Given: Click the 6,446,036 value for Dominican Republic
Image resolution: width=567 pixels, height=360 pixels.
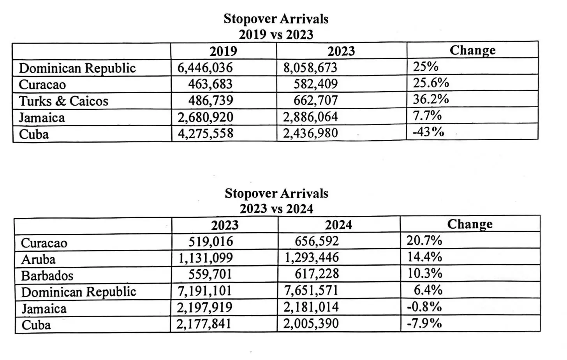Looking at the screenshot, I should (205, 68).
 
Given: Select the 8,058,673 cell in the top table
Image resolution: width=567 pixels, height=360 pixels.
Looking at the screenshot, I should (310, 67).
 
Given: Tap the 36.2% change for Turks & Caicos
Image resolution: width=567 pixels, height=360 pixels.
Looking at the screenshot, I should (431, 99).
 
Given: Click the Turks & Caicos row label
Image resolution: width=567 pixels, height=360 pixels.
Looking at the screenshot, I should (63, 101).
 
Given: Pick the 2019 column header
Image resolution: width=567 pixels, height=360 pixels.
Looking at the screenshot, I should (223, 51).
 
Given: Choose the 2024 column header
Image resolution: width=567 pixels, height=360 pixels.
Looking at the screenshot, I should (338, 225).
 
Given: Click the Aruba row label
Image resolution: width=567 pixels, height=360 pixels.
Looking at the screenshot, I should (38, 259).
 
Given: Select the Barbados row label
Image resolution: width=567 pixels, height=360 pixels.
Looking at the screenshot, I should (47, 276).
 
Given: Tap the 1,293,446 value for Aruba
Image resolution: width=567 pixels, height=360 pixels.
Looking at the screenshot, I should (311, 258).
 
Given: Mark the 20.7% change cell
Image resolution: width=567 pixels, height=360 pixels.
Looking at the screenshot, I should (424, 241).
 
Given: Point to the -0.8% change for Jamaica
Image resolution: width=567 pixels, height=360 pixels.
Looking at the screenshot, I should (424, 307).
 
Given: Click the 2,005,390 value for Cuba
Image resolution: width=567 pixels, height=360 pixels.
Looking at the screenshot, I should (311, 324).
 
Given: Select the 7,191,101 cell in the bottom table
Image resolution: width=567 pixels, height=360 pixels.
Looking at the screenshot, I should (204, 291).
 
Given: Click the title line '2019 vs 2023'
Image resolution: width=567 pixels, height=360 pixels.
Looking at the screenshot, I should (276, 35).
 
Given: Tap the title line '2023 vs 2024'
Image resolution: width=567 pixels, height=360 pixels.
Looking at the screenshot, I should (276, 209).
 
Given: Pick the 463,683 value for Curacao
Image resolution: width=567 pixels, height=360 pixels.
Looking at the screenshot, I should (210, 84).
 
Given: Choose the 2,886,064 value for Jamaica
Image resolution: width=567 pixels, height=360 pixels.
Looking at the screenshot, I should (310, 117).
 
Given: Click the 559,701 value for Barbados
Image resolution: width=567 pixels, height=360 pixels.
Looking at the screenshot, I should (210, 274).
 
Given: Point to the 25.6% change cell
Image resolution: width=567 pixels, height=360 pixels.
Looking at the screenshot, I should (431, 83).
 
